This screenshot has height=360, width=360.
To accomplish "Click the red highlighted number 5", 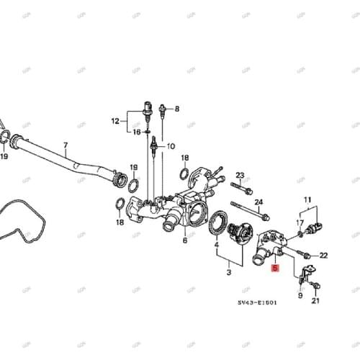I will point(274,269).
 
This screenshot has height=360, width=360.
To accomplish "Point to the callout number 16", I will point(136,132).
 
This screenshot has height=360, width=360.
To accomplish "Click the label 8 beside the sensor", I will point(177,109).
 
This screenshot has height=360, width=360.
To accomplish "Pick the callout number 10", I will point(171,146).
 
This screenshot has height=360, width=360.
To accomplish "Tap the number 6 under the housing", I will point(185,240).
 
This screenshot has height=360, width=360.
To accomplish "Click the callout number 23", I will point(240,175).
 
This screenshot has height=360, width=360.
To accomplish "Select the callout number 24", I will point(258,202).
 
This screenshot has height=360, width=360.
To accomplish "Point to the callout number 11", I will point(308,199).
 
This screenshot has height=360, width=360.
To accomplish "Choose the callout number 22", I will point(323,255).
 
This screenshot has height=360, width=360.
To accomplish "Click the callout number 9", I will point(300,295).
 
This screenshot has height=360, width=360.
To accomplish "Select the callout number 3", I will point(228,273).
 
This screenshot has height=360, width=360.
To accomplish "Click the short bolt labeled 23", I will point(240,188).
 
